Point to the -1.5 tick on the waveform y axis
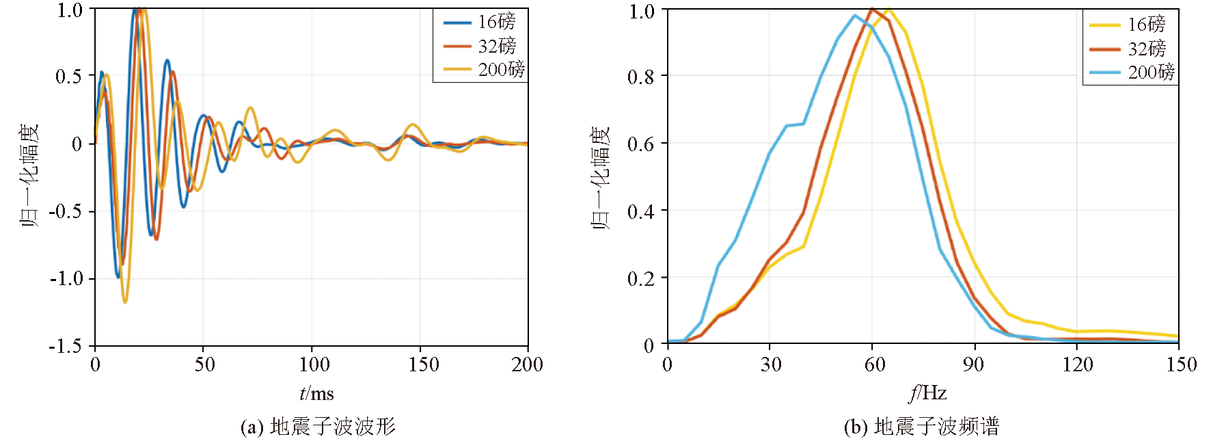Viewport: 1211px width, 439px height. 65,346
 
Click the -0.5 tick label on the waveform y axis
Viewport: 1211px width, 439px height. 65,211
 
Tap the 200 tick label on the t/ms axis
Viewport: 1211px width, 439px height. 527,364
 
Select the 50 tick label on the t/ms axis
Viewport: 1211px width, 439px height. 204,364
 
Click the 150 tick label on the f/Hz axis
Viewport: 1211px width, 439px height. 1181,364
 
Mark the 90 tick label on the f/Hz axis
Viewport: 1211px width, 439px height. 974,364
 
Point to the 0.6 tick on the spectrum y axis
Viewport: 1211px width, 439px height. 640,144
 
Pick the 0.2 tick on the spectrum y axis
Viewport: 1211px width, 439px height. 640,278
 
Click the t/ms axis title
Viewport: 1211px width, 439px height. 316,393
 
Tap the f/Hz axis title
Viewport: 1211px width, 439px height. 927,393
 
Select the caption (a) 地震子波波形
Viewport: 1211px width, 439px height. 318,427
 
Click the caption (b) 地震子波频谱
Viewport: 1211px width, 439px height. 921,427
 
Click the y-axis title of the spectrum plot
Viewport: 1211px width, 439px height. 601,178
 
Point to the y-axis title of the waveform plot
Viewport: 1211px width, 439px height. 29,176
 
